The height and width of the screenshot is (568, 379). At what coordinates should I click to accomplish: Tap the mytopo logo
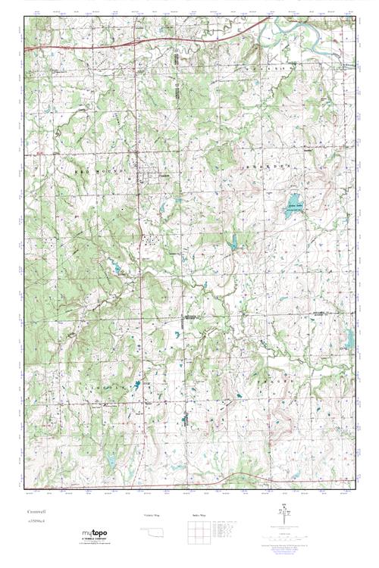pos(95,535)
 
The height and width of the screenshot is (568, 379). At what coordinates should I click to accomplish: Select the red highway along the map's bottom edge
pos(227,477)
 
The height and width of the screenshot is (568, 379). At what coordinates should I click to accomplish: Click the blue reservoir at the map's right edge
pos(350,338)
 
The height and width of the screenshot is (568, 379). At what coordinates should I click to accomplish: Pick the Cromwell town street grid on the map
pos(152,174)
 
